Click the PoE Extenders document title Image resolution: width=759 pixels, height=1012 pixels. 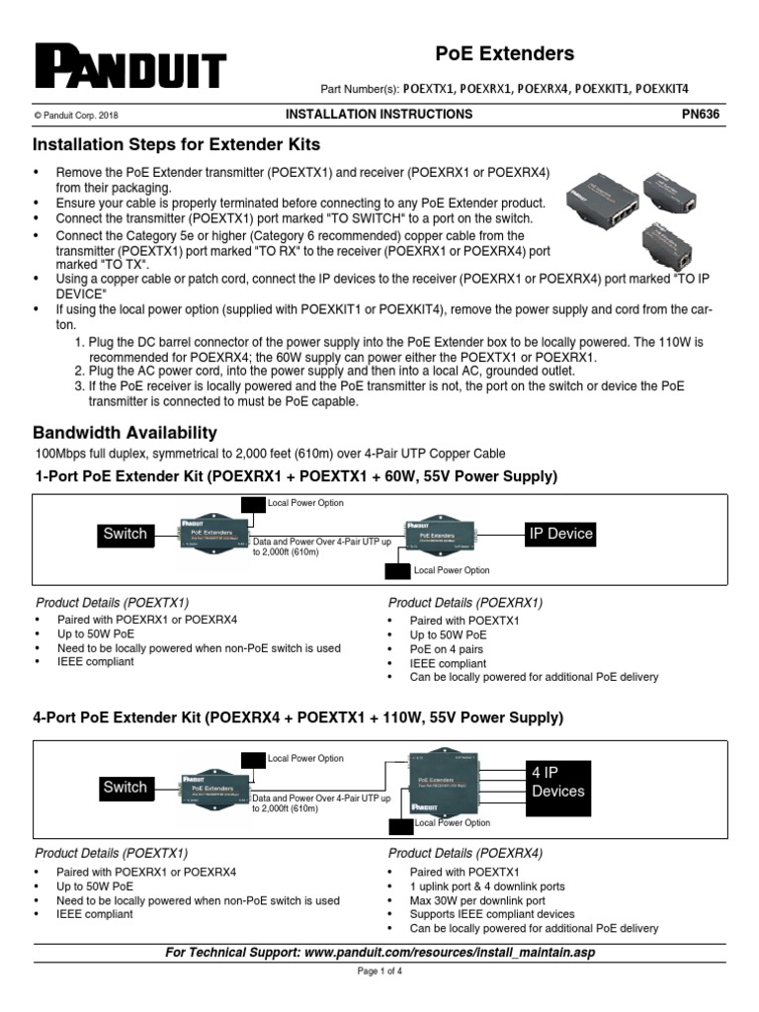tap(505, 53)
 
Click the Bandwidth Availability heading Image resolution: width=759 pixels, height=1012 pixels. tap(125, 433)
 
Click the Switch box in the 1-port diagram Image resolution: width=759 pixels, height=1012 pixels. tap(126, 534)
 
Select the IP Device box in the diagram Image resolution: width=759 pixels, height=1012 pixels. tap(560, 534)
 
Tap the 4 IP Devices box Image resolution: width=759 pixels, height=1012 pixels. tap(557, 782)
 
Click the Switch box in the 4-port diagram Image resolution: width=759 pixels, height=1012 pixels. tap(125, 788)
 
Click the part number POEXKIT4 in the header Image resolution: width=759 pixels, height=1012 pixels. tap(662, 88)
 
